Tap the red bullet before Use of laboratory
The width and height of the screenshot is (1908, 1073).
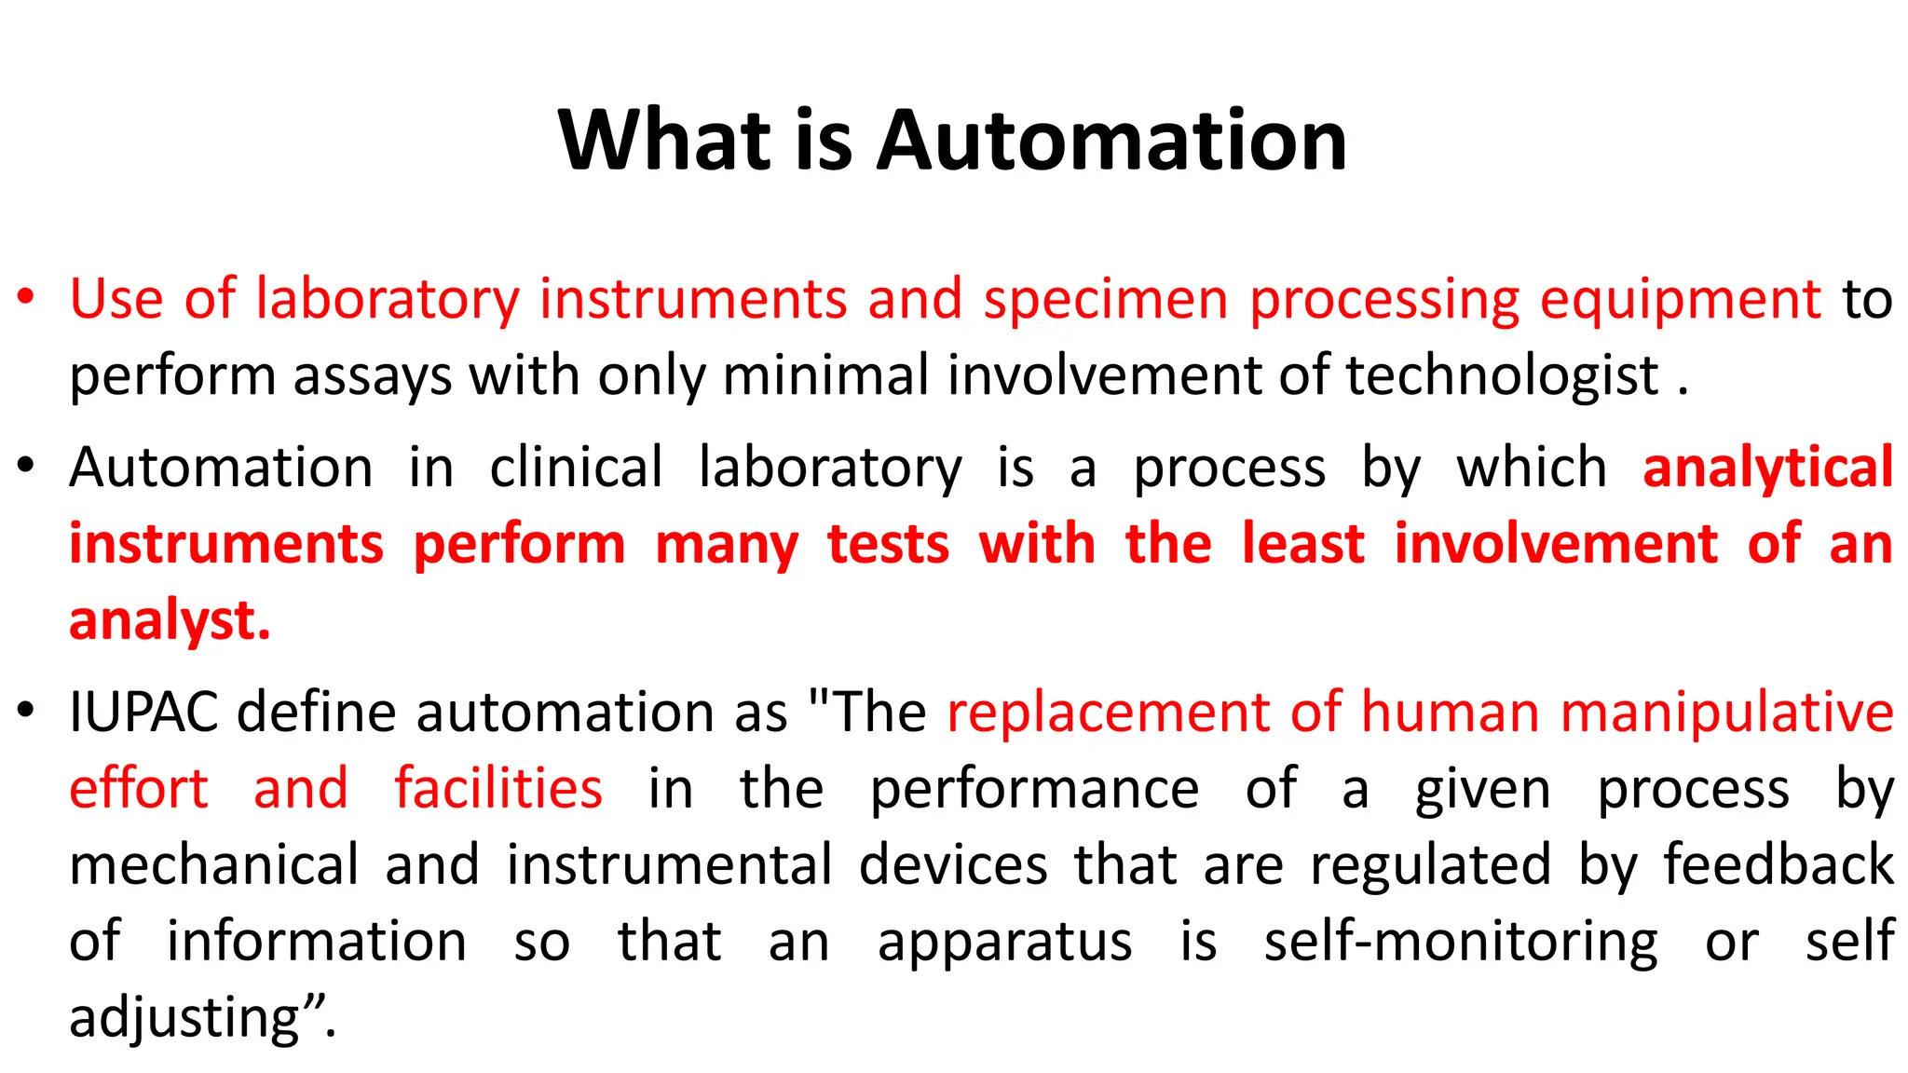[x=25, y=297]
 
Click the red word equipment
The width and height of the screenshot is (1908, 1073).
[x=1680, y=300]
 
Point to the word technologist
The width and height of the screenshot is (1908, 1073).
[x=1502, y=376]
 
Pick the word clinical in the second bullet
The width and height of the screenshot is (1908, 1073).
[x=576, y=467]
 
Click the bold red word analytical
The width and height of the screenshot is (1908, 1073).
[x=1767, y=467]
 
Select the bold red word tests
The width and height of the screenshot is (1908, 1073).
[x=888, y=544]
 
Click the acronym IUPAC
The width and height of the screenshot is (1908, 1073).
[x=143, y=713]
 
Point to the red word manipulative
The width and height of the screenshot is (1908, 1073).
[x=1726, y=713]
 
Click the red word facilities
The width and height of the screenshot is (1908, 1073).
[x=498, y=789]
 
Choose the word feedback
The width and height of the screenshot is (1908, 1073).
[x=1779, y=864]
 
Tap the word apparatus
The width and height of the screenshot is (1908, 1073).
[x=1005, y=942]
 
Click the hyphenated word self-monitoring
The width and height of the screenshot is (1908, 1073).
[x=1461, y=942]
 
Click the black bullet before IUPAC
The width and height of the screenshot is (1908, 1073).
[x=25, y=712]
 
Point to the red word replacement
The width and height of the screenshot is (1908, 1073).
[x=1109, y=713]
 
